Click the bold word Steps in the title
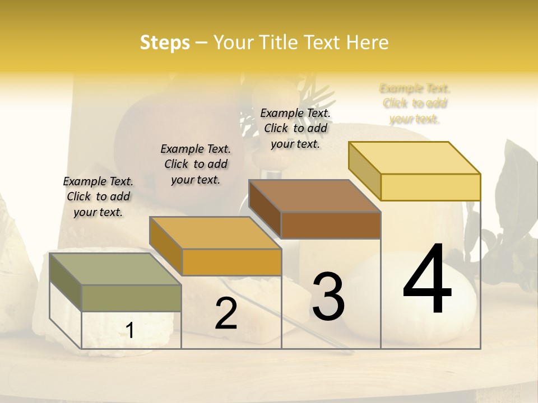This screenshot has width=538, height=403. pos(165,43)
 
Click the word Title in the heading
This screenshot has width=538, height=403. pos(277,43)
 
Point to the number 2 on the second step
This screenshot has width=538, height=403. pos(226,313)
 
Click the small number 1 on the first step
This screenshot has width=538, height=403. pos(129,331)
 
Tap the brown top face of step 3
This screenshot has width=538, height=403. pos(314,196)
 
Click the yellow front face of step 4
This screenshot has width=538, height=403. pos(430,187)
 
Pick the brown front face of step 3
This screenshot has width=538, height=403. pos(331,225)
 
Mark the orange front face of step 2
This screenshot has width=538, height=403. pos(231,262)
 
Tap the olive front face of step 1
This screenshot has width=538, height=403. pos(132,298)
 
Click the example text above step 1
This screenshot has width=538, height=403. pos(98,196)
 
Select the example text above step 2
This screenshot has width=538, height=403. pos(196,164)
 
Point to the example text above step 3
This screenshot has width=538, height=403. pos(295,128)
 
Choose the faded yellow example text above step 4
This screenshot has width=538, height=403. pos(415,104)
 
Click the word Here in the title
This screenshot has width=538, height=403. pos(367,43)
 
